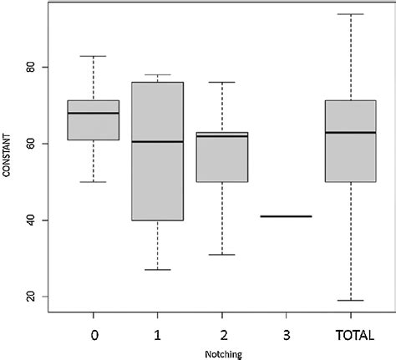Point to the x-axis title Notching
221,354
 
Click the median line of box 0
93,113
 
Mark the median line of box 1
157,142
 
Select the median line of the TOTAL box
350,132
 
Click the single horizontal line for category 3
286,216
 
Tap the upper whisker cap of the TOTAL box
350,14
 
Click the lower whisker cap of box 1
157,270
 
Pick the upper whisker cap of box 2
221,83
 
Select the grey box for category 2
221,159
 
